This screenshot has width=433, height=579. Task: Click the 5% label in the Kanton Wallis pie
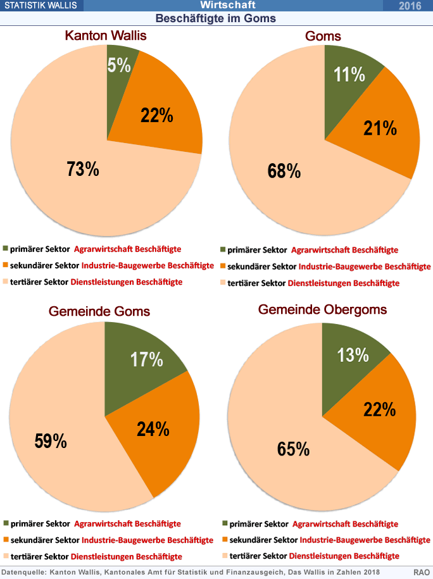pos(119,65)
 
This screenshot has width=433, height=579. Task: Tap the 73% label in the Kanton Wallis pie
pos(83,169)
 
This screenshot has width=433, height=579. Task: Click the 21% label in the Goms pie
pos(380,128)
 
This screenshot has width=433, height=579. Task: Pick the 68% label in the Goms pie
pos(284,171)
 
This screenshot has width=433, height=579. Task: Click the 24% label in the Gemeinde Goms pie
pos(153,429)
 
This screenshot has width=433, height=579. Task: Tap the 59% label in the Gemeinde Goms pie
pos(51,441)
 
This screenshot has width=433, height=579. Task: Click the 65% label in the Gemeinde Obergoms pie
pos(293,449)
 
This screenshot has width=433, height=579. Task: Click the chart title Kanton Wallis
pos(106,35)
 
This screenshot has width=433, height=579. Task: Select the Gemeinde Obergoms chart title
pos(322,309)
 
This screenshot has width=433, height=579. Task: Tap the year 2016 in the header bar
pos(410,6)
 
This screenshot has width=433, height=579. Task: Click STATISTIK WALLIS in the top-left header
pos(41,5)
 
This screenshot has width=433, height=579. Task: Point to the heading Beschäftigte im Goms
pos(216,18)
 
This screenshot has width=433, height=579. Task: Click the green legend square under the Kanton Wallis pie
pos(5,248)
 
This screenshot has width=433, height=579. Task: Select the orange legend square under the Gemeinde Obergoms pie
pos(225,540)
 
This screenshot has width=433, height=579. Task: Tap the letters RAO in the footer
pos(422,572)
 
